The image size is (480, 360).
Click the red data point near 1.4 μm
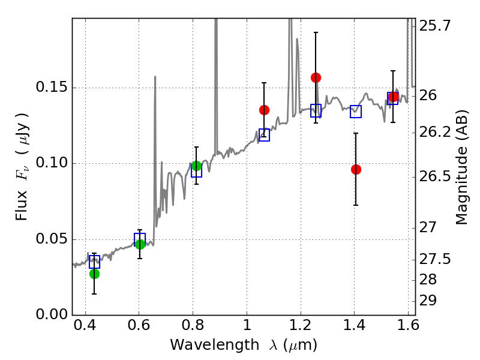(356, 169)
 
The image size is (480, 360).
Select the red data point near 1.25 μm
(316, 78)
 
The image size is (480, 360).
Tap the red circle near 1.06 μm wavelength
(264, 110)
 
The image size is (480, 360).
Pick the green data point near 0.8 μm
(196, 166)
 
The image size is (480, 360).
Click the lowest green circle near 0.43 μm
(94, 274)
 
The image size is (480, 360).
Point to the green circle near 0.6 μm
(140, 244)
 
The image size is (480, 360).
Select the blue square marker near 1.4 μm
(356, 112)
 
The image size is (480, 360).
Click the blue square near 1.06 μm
(264, 135)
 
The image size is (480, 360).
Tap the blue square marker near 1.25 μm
(316, 110)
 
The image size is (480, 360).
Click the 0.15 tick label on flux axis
(52, 87)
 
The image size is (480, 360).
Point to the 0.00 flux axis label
(52, 314)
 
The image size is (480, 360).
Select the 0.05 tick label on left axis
(52, 239)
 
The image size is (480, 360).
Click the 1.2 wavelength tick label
(301, 325)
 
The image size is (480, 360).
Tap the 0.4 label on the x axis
(85, 325)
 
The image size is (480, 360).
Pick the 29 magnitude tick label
(428, 301)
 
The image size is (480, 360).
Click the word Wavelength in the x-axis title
(215, 345)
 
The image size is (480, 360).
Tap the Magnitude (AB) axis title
(462, 167)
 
